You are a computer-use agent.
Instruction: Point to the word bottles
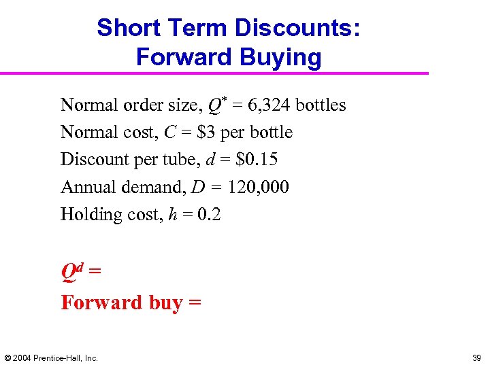(321, 105)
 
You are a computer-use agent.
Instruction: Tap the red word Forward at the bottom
(101, 302)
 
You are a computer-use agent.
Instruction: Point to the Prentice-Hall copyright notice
(52, 357)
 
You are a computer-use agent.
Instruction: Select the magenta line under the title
(214, 73)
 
